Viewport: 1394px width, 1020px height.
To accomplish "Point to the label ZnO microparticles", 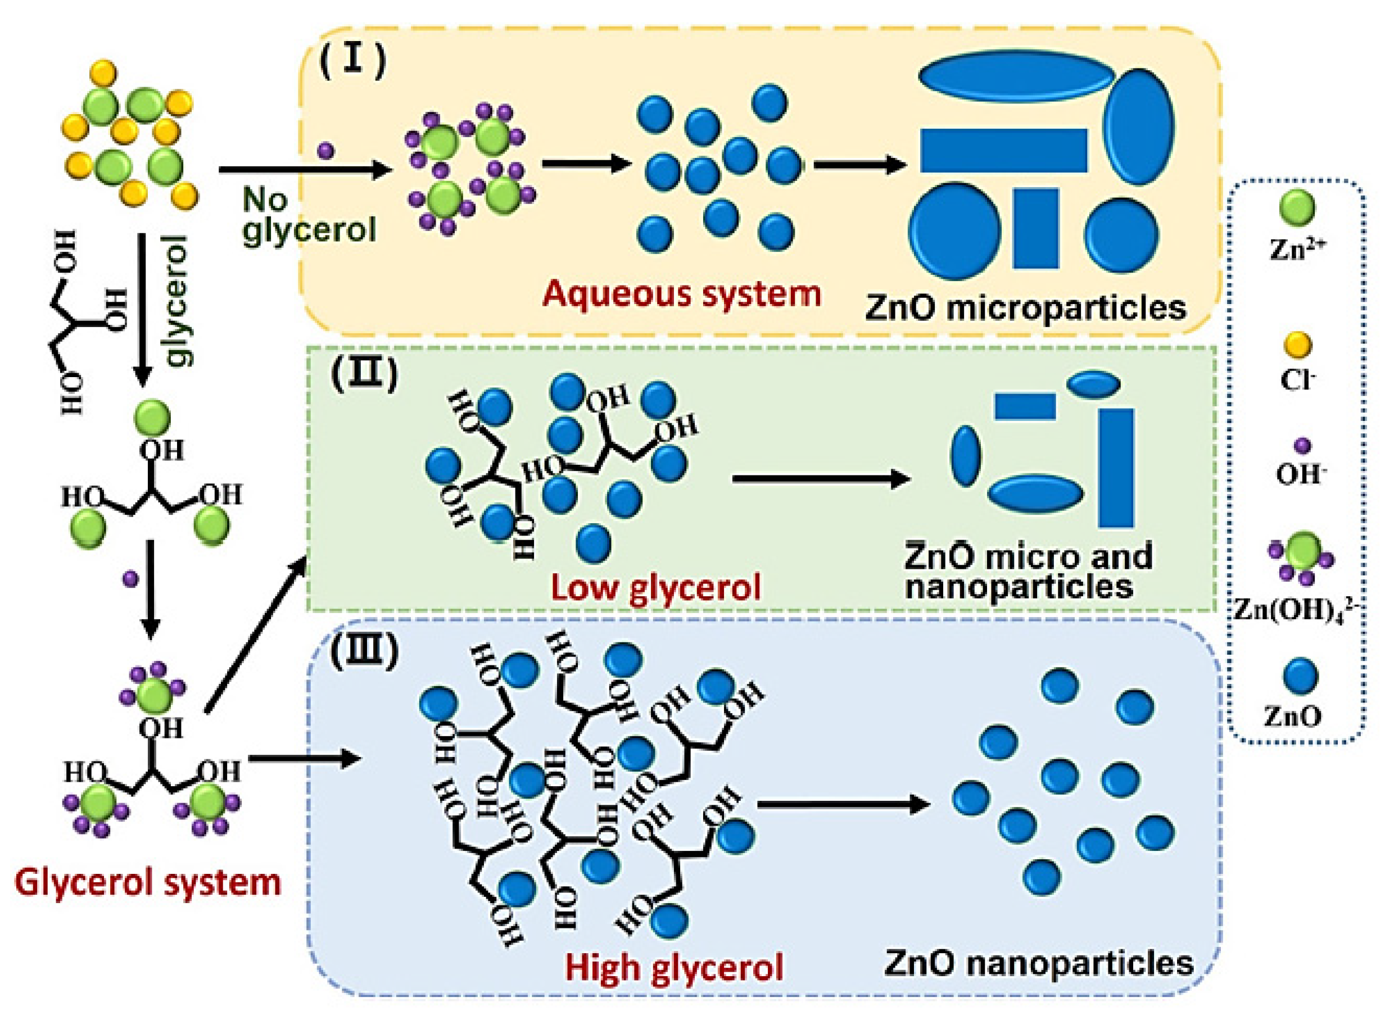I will tap(1025, 307).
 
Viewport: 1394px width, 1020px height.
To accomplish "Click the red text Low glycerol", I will tap(655, 587).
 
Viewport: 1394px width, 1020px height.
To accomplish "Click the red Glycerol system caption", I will tap(148, 882).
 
